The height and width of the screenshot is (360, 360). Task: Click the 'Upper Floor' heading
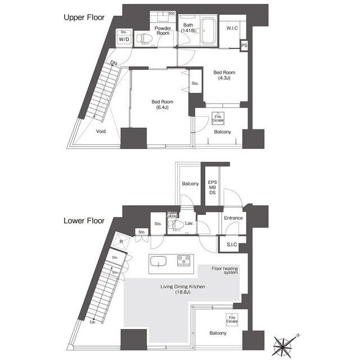click(84, 17)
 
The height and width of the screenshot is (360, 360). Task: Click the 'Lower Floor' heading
click(84, 221)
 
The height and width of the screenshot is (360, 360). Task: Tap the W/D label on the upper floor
click(124, 39)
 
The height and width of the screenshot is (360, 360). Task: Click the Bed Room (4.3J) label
click(224, 75)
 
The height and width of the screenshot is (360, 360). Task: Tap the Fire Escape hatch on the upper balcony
click(217, 119)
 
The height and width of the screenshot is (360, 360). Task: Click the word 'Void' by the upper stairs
click(101, 131)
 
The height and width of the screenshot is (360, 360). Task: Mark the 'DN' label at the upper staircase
click(114, 63)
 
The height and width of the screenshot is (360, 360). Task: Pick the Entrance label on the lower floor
click(233, 218)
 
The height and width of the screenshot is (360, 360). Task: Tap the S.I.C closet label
click(232, 244)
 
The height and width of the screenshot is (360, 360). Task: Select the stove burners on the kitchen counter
click(184, 260)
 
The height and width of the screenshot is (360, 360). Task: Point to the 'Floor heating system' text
click(224, 271)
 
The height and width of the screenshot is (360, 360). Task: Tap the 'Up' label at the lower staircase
click(92, 322)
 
